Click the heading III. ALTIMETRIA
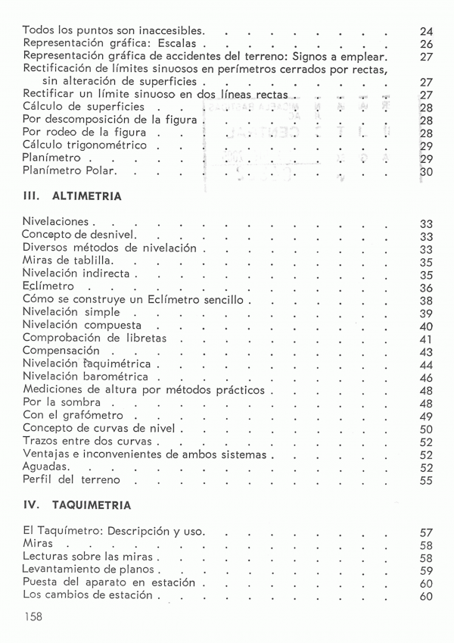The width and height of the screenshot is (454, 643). point(72,195)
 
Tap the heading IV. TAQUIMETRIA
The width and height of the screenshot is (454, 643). point(76,504)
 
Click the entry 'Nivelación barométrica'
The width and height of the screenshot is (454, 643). point(86,377)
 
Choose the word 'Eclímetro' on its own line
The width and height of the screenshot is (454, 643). point(48,287)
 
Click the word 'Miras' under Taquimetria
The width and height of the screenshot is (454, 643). point(38,545)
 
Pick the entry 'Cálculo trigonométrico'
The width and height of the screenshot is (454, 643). point(85,145)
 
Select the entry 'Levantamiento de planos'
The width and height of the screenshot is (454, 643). point(88,570)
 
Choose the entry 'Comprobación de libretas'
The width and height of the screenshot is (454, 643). point(95,339)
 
